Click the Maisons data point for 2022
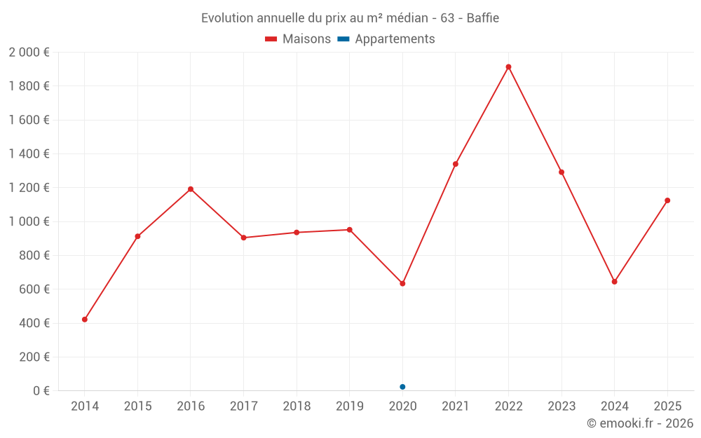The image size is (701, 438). point(508,67)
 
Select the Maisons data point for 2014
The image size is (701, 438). point(85,320)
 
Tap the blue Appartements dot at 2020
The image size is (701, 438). point(402,387)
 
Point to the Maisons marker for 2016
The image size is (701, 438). point(191,189)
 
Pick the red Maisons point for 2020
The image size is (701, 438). point(402,284)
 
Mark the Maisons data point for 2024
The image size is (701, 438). point(614,282)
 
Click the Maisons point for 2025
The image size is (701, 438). point(667,200)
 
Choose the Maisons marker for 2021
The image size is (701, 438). point(456,164)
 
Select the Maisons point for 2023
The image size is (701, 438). point(562,172)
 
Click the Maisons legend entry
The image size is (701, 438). point(298,39)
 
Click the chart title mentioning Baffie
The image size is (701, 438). point(350,18)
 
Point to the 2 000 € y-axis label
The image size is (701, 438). point(29,53)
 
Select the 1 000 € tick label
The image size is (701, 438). point(29,221)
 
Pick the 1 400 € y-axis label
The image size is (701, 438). point(29,154)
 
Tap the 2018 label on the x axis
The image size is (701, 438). point(297,406)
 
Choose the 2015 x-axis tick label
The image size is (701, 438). point(137,406)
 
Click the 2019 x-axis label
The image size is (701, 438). point(349,406)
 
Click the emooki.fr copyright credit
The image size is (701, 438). point(639,423)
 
